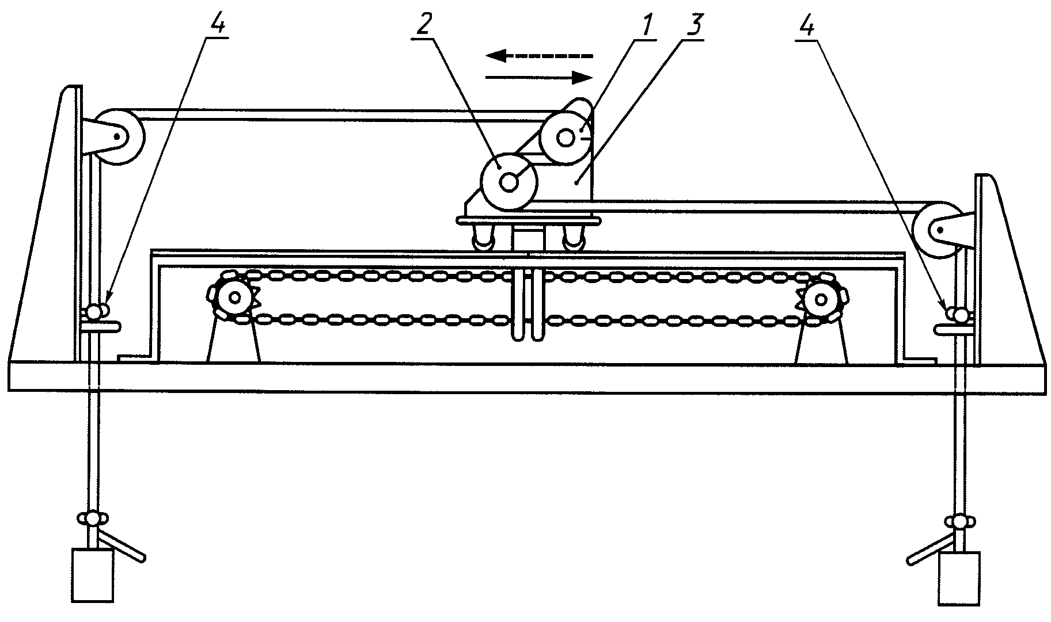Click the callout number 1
pos(648,25)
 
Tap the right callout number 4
pos(809,25)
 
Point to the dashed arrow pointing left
pos(538,56)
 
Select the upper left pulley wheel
pos(118,136)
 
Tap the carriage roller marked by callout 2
pos(509,182)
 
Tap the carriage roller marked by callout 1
pos(566,138)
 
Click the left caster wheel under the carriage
pos(485,239)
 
